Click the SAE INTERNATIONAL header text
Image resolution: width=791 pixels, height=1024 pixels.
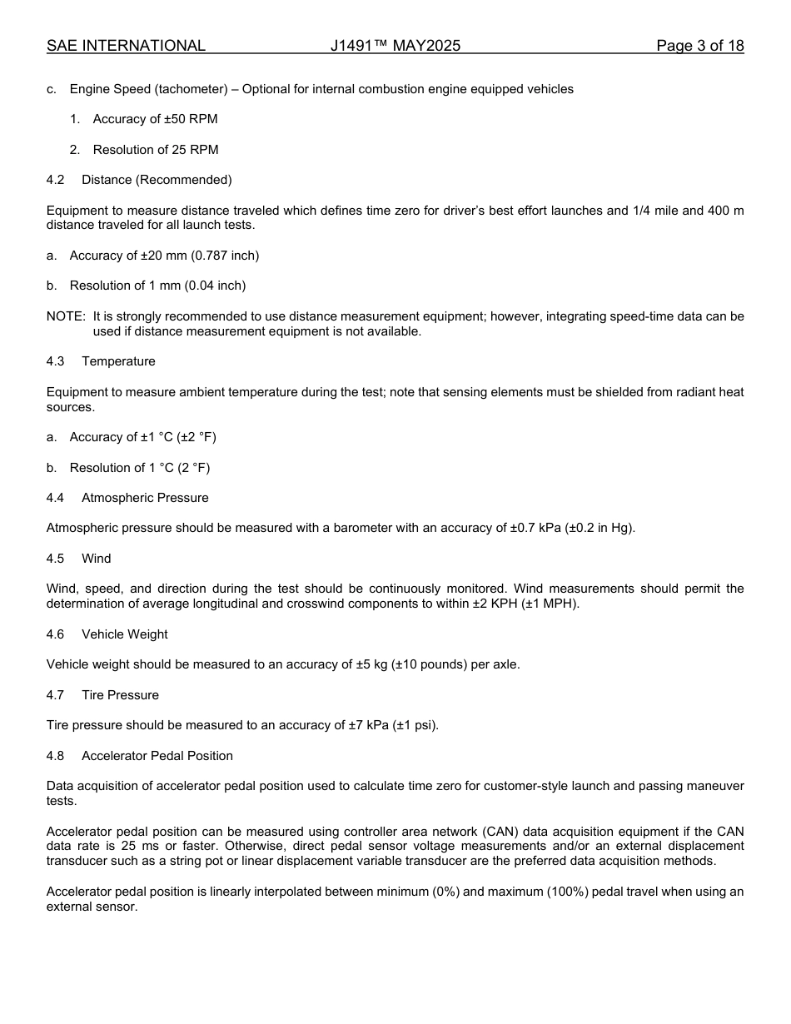[x=126, y=46]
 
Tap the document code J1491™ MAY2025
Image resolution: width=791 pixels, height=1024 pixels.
[x=395, y=46]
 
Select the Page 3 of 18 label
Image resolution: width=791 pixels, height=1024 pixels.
[x=699, y=46]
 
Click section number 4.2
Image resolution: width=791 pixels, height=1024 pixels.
[x=56, y=180]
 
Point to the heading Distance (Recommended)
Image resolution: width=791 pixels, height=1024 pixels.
[x=157, y=180]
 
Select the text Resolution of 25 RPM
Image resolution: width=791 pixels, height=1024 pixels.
[x=156, y=150]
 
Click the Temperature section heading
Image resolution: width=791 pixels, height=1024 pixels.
[x=118, y=361]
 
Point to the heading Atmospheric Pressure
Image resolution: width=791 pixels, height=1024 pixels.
[x=145, y=498]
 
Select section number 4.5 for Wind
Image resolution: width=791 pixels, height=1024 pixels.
[x=56, y=559]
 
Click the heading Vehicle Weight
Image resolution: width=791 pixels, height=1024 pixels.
[x=125, y=634]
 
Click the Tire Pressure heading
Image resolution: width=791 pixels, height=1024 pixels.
[x=120, y=695]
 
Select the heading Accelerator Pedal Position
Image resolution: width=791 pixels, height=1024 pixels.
[x=157, y=756]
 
